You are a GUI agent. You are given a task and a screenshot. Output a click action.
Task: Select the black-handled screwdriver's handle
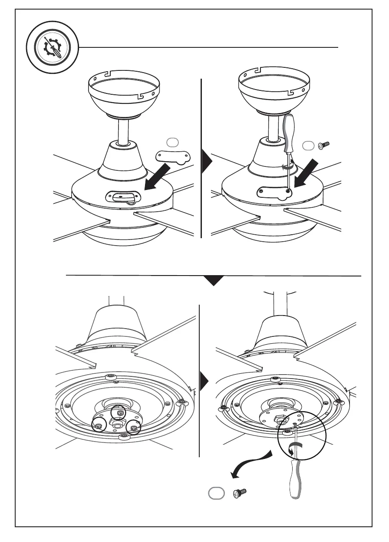288,133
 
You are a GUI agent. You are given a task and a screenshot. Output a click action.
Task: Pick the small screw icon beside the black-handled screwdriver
323,146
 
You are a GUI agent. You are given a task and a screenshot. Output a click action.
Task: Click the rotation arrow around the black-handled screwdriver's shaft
285,165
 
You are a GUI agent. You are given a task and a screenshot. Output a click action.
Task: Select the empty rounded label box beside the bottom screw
216,494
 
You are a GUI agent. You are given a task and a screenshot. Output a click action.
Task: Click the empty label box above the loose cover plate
171,142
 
